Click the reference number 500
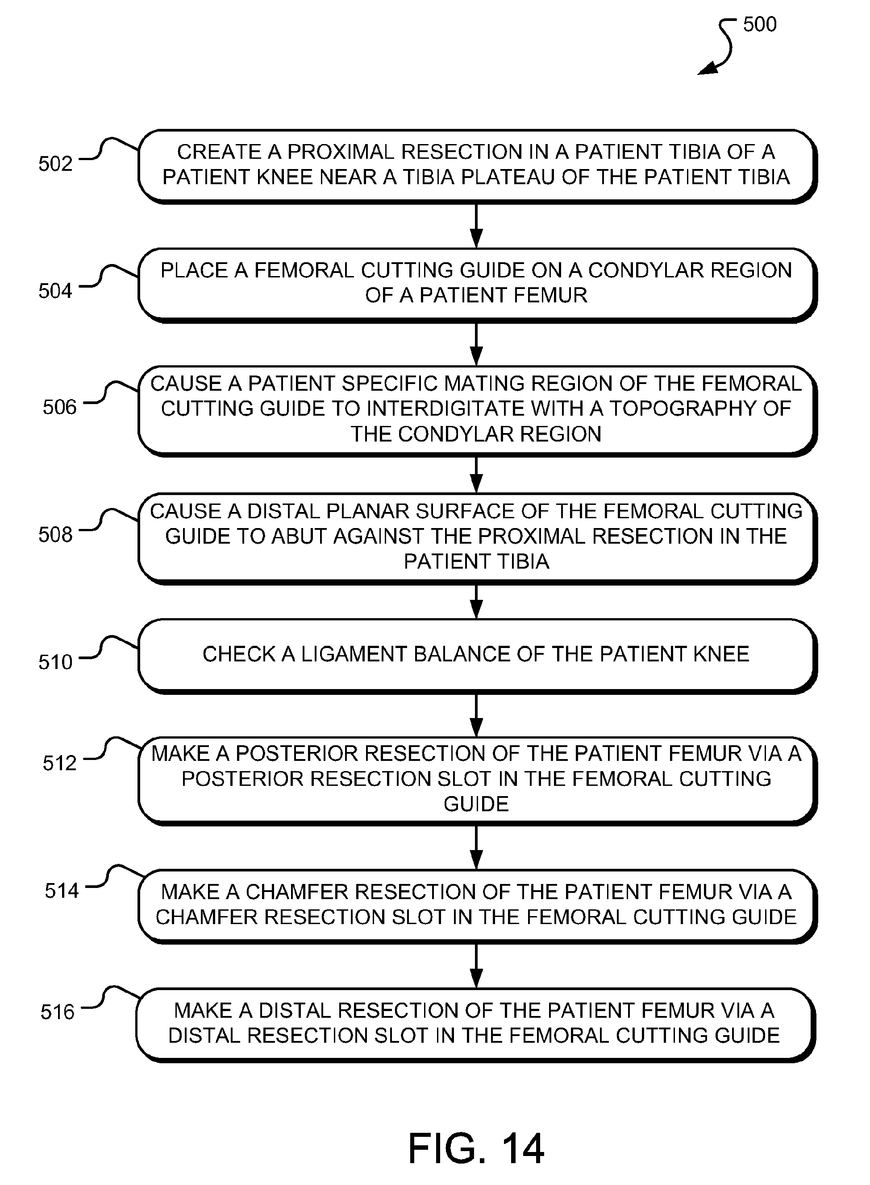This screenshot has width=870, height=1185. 759,24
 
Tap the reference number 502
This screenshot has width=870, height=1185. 55,164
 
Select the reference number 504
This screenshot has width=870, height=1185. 55,290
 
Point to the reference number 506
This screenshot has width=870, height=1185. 59,407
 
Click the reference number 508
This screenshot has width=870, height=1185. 55,535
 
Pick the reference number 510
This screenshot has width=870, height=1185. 55,662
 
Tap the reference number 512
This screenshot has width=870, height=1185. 59,763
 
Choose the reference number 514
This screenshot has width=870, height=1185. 62,890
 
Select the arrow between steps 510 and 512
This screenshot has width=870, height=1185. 476,714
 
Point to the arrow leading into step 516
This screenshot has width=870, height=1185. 476,966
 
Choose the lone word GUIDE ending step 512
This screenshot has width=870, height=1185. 476,804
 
